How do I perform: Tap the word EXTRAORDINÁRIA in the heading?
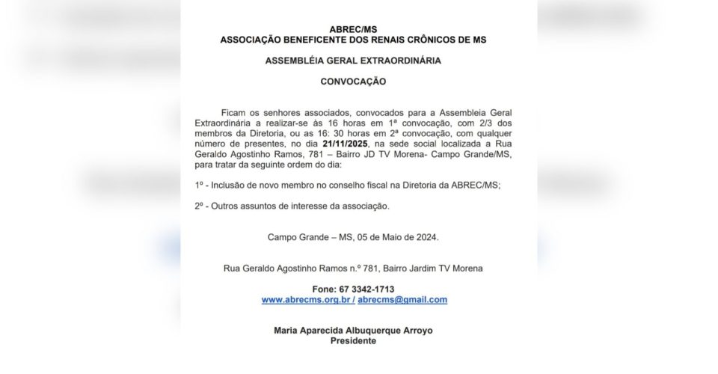pyautogui.click(x=398, y=61)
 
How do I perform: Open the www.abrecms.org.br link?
pyautogui.click(x=307, y=299)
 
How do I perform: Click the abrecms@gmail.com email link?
pyautogui.click(x=402, y=299)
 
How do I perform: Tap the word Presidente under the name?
pyautogui.click(x=354, y=341)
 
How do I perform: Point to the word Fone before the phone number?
pyautogui.click(x=323, y=289)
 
